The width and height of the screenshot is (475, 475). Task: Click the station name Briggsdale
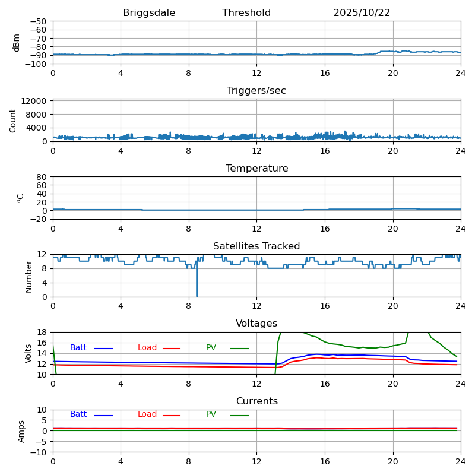149,13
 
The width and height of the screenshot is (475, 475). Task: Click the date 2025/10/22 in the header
362,13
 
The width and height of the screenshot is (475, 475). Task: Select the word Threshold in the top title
246,13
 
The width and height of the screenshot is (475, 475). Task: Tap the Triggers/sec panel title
256,91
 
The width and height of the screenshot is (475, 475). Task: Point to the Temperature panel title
256,169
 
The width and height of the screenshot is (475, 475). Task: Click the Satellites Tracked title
256,246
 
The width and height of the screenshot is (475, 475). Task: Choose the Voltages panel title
256,324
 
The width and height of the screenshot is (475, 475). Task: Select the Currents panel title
256,401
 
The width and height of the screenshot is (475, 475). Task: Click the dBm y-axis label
17,43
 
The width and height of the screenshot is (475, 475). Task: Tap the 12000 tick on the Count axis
35,102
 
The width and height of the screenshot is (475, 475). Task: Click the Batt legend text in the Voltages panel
78,348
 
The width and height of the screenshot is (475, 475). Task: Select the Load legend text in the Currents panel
147,414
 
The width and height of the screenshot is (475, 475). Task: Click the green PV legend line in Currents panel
239,415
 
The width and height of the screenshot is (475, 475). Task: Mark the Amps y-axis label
22,431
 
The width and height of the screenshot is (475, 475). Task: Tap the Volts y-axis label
28,353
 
